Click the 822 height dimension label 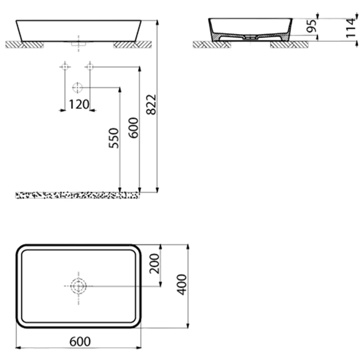tap(151, 104)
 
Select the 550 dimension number tap(114, 138)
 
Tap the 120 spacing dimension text tap(79, 104)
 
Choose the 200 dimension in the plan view tap(154, 264)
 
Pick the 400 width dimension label tap(182, 284)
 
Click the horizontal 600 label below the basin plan tap(80, 341)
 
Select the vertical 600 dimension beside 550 tap(134, 128)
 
